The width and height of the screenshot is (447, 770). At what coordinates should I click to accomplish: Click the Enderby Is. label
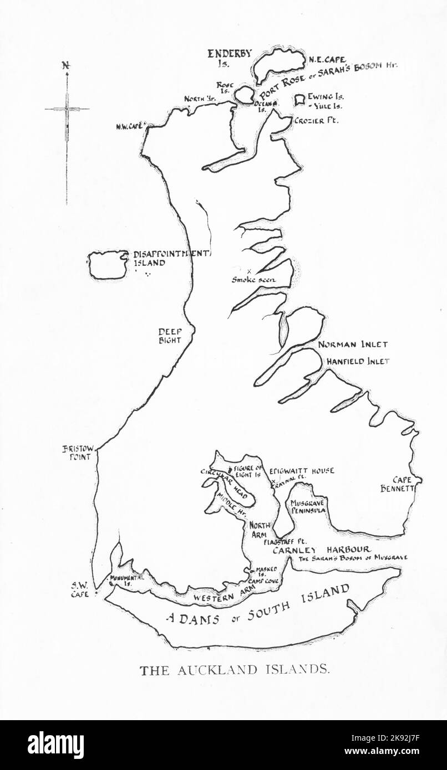[230, 58]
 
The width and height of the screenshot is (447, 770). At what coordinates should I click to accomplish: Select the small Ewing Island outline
[300, 99]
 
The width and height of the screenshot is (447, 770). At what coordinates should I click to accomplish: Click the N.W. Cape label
[130, 126]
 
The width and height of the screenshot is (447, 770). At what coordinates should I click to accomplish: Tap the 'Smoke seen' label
[253, 280]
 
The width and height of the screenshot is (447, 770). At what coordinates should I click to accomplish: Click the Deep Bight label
[170, 336]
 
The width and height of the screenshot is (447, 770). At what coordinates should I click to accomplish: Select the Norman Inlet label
[353, 345]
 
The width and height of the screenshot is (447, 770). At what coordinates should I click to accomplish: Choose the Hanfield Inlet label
[357, 361]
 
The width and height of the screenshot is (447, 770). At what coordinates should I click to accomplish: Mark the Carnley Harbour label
[321, 550]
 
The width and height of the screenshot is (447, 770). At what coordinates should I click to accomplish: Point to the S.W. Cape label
[79, 588]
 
